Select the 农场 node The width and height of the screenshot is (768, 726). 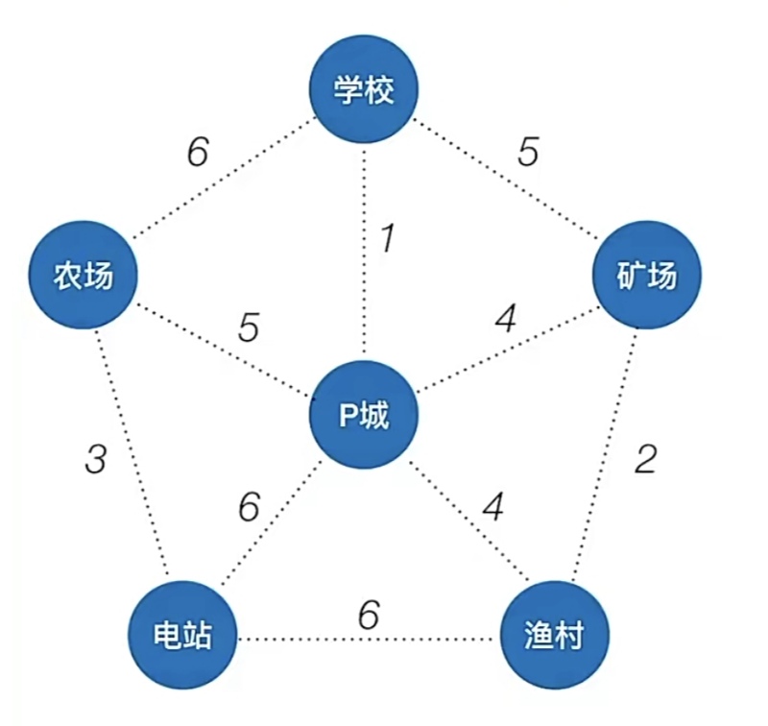83,277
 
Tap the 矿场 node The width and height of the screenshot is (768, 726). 646,277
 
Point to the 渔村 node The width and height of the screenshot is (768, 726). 554,635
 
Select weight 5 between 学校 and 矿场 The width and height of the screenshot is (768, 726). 528,153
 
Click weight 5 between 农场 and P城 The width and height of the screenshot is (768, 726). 248,328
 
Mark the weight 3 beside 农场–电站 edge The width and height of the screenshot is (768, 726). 95,460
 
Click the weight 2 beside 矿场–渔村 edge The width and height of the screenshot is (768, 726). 646,460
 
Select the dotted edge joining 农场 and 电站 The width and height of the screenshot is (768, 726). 134,451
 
